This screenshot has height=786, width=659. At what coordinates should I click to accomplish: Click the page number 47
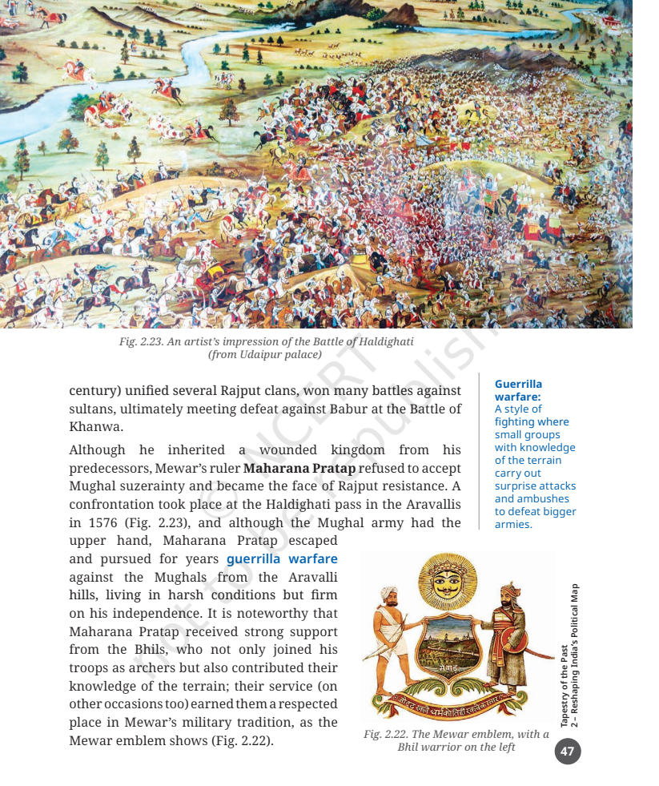(x=567, y=752)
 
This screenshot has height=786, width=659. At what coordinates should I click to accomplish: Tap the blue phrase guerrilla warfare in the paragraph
(x=282, y=558)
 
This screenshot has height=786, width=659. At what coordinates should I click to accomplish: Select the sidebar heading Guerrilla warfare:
(x=518, y=389)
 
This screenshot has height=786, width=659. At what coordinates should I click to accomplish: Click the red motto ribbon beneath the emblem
(x=456, y=705)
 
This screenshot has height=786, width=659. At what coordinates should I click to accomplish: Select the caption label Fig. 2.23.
(x=140, y=341)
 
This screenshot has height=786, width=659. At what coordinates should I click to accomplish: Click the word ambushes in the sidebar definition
(x=544, y=498)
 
